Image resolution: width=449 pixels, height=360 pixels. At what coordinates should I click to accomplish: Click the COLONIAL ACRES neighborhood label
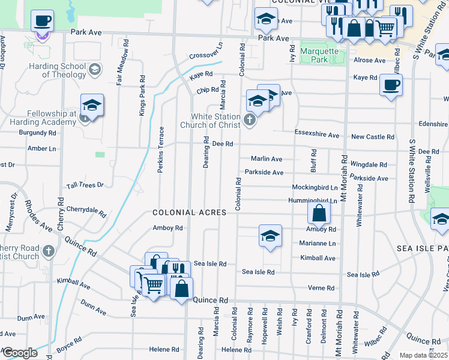coord(189,212)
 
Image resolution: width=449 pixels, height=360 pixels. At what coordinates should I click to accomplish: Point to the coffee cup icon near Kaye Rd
coord(391,85)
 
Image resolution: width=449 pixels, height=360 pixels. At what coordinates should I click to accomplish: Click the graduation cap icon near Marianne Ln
coord(270,235)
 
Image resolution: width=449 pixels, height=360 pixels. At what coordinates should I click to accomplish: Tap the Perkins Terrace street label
coord(161,149)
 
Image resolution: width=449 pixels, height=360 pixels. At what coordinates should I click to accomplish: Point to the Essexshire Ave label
coord(317,132)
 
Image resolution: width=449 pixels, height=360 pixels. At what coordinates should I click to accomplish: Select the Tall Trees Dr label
coord(85,185)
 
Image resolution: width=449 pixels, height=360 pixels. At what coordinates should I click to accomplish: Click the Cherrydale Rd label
coord(86,212)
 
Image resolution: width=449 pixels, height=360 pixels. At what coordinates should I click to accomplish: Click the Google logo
coord(20,353)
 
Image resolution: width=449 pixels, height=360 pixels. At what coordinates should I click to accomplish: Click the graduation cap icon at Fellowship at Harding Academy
coord(92,106)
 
